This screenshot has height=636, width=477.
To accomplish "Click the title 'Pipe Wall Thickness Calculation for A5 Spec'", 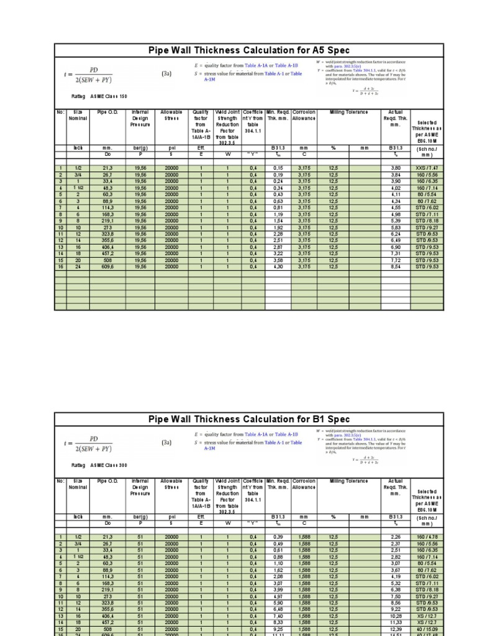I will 249,50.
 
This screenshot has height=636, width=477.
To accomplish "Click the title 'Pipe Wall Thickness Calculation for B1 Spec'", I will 249,419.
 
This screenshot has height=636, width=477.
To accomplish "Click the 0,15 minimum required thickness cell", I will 278,168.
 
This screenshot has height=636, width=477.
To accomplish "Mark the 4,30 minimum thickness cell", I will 278,266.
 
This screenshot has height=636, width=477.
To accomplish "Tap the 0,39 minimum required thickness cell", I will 278,537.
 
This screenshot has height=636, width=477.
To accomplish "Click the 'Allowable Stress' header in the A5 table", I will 171,115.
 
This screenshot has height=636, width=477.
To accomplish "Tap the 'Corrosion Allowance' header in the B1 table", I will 304,484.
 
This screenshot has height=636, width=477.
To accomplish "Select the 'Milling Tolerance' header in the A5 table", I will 348,112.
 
